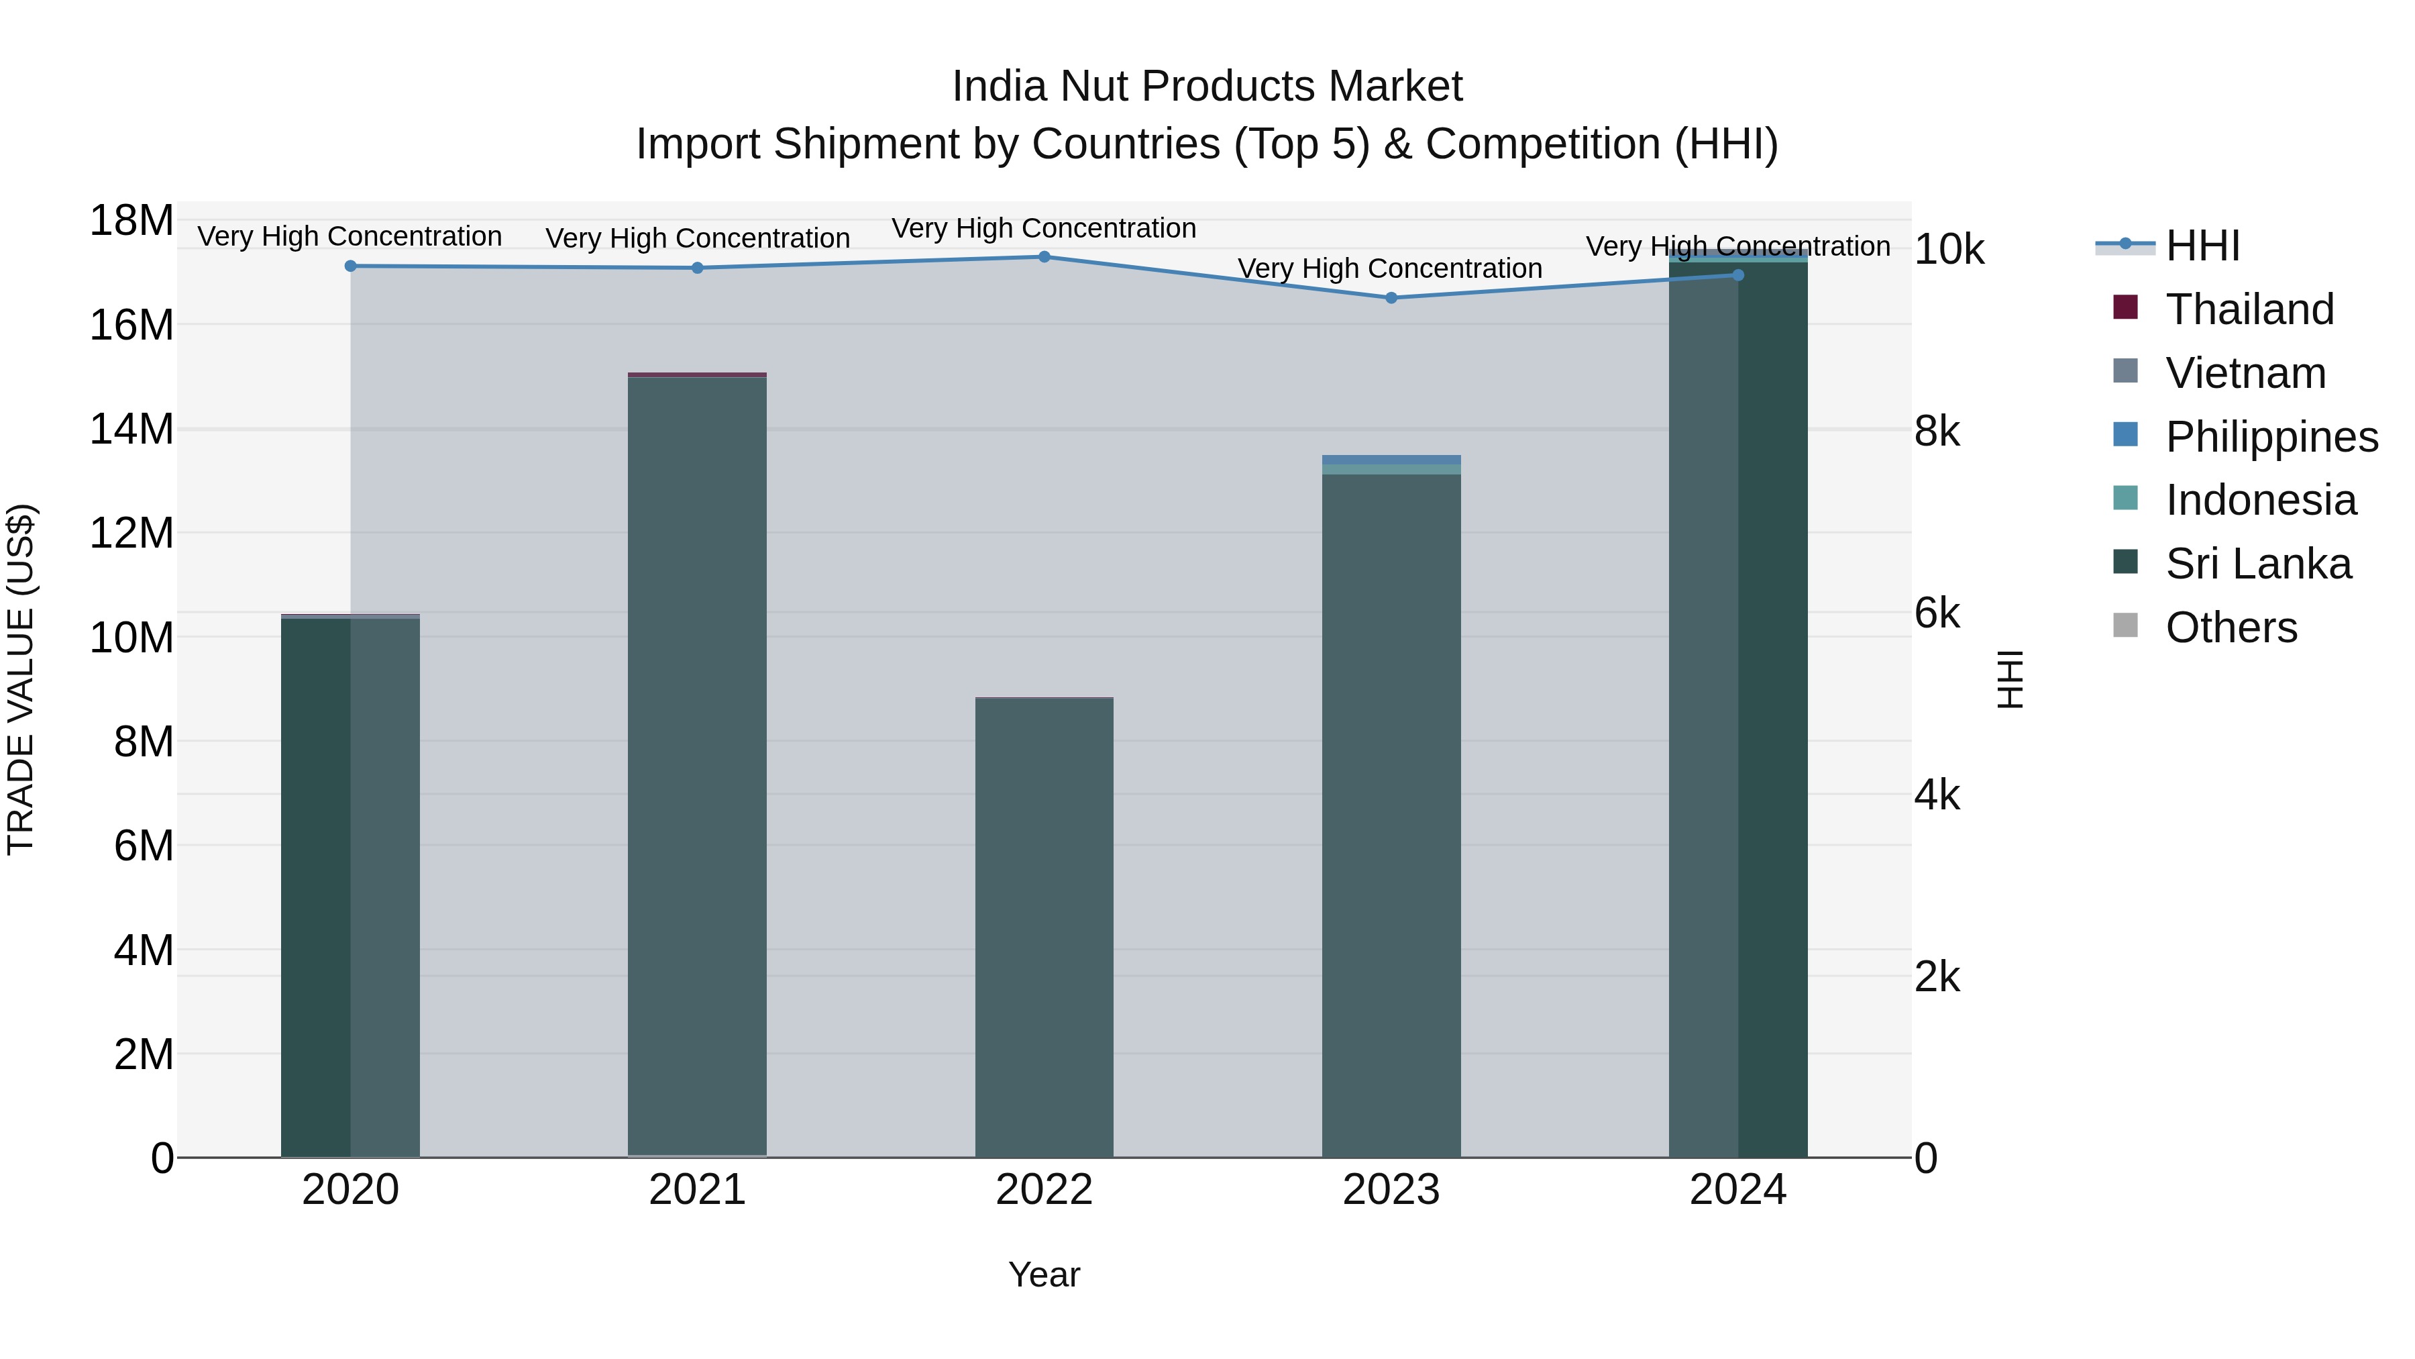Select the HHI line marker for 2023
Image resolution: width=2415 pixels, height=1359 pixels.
tap(1391, 298)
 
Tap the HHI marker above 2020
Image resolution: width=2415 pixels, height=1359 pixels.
tap(351, 266)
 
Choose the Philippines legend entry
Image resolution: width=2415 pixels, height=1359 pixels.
tap(2271, 437)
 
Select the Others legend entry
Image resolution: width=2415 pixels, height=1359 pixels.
tap(2231, 627)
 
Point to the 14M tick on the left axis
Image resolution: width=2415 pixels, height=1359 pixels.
tap(131, 430)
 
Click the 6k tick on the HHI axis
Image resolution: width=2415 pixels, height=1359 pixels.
tap(1936, 613)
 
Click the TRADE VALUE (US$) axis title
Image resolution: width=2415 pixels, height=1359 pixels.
tap(21, 679)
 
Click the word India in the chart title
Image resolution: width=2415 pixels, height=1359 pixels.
tap(998, 87)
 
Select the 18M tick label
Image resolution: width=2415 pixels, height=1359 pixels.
tap(131, 221)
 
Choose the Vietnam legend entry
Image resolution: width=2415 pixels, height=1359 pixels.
tap(2245, 373)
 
